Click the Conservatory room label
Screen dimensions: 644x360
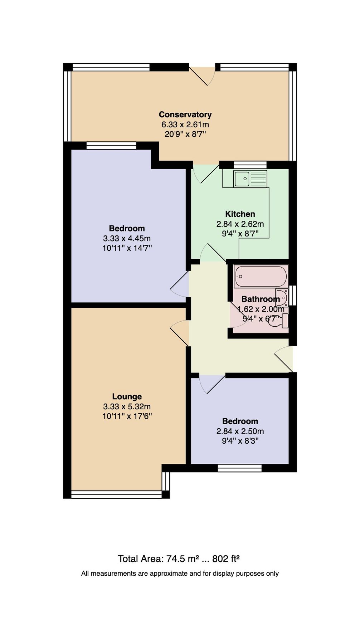click(x=185, y=114)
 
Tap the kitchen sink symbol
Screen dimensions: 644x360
click(x=250, y=179)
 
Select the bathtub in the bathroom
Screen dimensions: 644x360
click(x=261, y=276)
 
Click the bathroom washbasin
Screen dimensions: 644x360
click(x=282, y=297)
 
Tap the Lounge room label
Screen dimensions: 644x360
click(x=127, y=396)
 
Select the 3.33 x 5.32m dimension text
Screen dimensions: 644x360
click(x=127, y=406)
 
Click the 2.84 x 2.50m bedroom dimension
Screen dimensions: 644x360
click(x=240, y=431)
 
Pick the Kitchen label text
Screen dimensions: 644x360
click(x=240, y=214)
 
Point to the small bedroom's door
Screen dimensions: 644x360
click(x=211, y=384)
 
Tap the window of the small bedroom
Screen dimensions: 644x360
click(x=240, y=468)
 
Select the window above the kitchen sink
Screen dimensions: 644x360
click(x=250, y=165)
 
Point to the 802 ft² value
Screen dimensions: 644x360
click(x=225, y=559)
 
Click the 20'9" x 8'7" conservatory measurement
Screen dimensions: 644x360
click(x=185, y=135)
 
